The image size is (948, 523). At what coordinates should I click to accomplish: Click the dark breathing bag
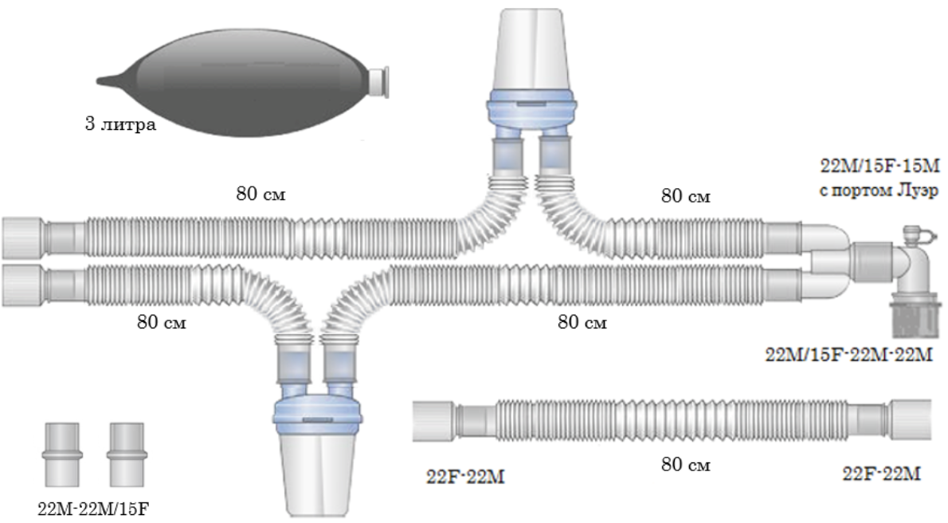coord(239,78)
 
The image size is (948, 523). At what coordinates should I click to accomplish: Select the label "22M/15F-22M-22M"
coord(848,355)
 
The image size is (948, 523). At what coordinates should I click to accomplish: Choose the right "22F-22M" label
coord(882,474)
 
